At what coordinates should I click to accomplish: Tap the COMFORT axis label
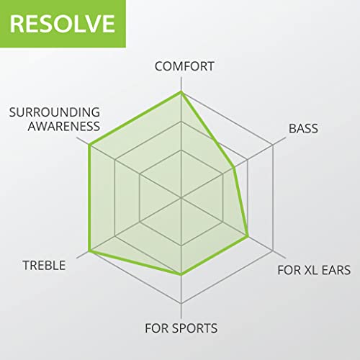click(x=185, y=66)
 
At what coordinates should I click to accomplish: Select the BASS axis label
click(x=303, y=129)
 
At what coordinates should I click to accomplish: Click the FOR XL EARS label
click(x=314, y=271)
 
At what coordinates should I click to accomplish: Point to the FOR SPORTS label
click(x=181, y=329)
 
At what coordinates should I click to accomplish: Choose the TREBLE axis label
click(x=44, y=265)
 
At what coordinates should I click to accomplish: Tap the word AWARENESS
click(x=63, y=126)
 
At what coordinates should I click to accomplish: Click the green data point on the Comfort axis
click(x=181, y=92)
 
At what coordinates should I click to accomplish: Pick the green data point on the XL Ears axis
click(x=248, y=236)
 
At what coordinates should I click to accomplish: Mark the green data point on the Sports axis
click(x=181, y=274)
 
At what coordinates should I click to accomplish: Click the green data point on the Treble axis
click(x=89, y=251)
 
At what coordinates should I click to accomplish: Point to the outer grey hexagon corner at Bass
click(x=274, y=145)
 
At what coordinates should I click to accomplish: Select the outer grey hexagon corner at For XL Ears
click(x=274, y=251)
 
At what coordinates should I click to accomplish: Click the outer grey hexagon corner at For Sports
click(x=181, y=304)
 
